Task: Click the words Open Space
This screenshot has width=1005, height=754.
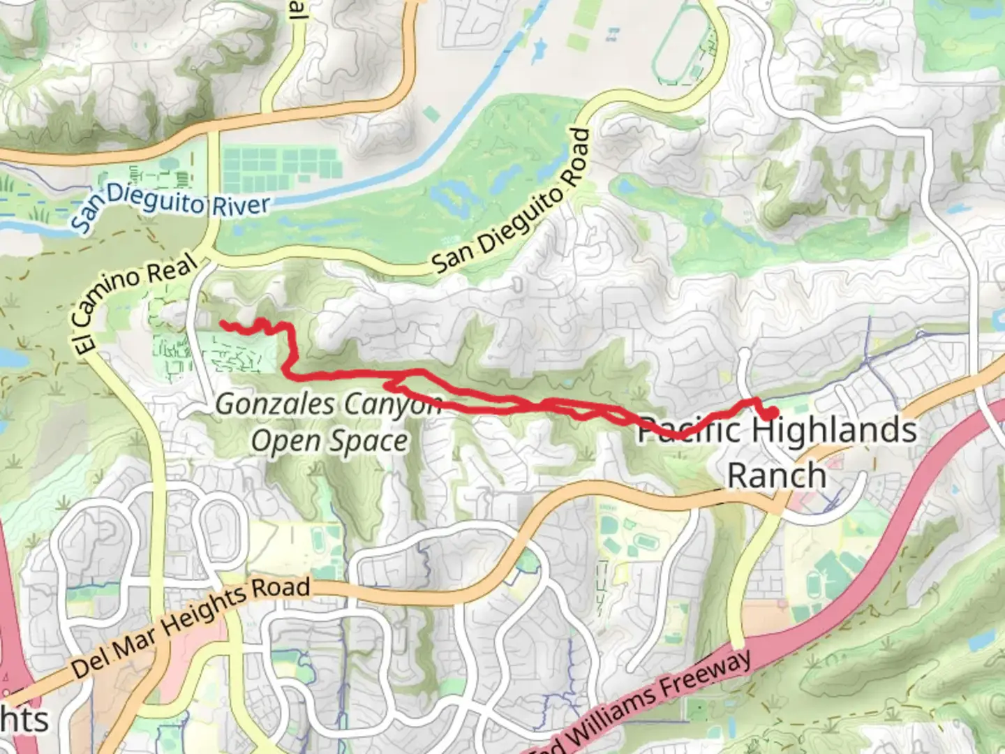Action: (329, 441)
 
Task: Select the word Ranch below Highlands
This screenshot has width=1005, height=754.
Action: (777, 475)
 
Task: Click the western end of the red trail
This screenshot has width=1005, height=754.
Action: (223, 323)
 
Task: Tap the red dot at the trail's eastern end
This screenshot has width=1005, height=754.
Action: (772, 413)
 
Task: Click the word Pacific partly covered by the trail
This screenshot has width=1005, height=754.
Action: (687, 429)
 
